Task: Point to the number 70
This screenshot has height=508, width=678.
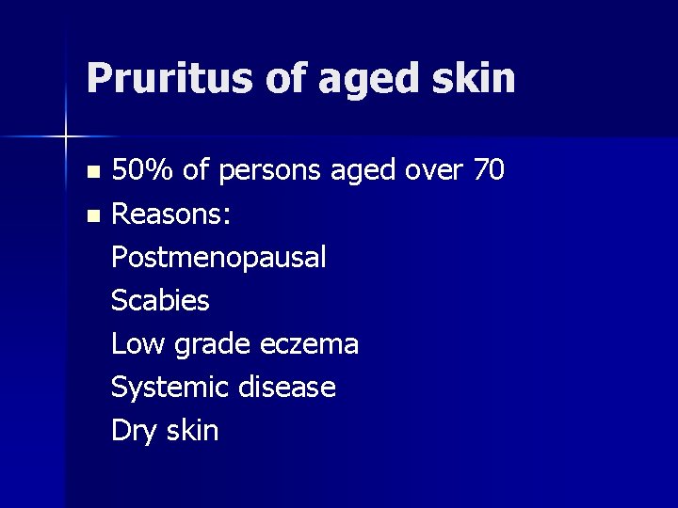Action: [x=488, y=170]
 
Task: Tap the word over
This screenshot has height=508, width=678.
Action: [x=432, y=171]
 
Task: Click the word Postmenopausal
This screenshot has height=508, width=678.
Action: [x=219, y=258]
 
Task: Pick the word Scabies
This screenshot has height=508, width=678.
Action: [x=160, y=301]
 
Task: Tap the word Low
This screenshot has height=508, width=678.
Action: [x=136, y=344]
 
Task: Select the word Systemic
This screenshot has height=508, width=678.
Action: [x=169, y=388]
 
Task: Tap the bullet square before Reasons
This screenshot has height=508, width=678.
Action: [x=91, y=216]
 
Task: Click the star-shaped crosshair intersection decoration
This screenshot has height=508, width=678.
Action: [x=65, y=136]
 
